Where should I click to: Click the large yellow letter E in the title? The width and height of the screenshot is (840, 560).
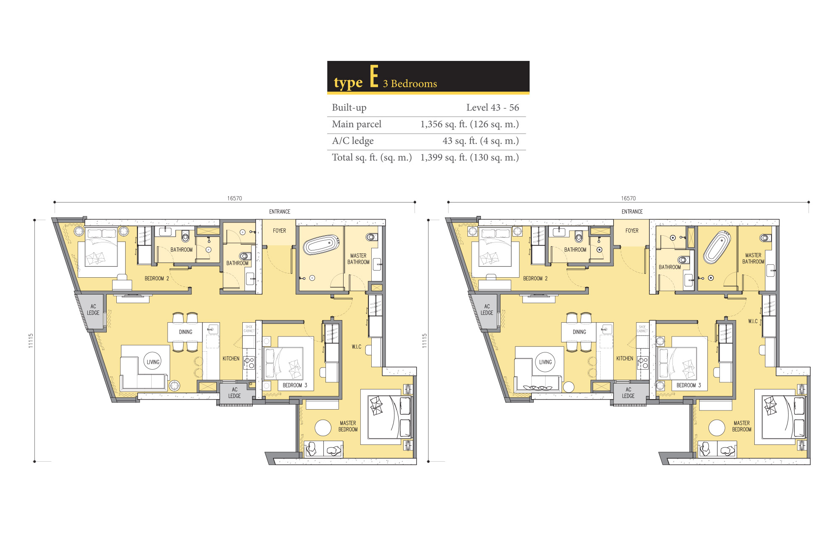(374, 76)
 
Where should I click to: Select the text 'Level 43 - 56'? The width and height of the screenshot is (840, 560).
(493, 108)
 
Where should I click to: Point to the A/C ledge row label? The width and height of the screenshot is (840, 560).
(353, 141)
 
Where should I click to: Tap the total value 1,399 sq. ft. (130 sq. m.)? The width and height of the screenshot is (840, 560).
(470, 158)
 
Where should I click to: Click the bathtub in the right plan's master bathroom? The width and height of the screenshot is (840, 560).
(717, 247)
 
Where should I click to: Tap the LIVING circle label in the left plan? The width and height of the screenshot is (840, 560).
(153, 362)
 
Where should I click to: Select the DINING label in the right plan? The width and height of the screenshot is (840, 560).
(579, 332)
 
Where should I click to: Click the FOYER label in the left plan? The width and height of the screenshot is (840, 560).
(279, 231)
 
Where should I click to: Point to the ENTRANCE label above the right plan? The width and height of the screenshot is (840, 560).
(632, 212)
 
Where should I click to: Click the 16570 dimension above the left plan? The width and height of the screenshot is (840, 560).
(234, 198)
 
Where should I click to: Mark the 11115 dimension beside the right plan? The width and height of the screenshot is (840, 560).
(425, 341)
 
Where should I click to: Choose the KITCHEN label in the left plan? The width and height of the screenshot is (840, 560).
(231, 358)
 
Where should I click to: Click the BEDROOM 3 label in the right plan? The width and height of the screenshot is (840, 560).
(689, 385)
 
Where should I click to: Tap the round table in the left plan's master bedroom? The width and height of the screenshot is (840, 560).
(323, 428)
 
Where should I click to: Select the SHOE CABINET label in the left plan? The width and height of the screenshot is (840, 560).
(249, 329)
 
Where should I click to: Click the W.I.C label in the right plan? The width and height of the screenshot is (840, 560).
(753, 321)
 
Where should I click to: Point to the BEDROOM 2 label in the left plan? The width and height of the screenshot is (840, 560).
(157, 279)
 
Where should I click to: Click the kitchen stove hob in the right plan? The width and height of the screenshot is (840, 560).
(643, 363)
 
